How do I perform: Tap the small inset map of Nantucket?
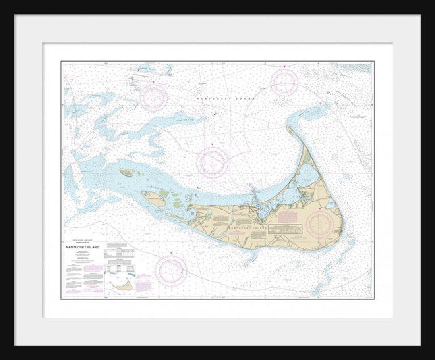(120, 280)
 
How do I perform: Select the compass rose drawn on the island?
(320, 224)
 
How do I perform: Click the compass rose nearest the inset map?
(171, 271)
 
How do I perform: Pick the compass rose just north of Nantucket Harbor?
(213, 162)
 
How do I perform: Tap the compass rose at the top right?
(284, 82)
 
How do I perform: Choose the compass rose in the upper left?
(153, 98)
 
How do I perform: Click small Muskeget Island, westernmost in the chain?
(127, 173)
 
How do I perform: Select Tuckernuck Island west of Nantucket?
(153, 199)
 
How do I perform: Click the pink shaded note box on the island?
(287, 217)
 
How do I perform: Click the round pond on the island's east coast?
(330, 204)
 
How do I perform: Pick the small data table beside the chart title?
(119, 253)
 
